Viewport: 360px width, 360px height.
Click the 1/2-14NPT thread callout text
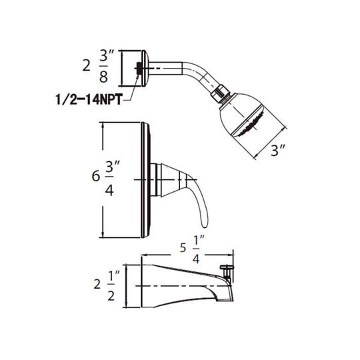(x=89, y=100)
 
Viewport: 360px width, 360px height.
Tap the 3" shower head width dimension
(x=278, y=151)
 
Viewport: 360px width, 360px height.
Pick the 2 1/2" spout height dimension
(x=107, y=285)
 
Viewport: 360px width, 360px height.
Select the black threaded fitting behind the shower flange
(x=139, y=69)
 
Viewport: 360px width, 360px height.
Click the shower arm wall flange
(x=145, y=68)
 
